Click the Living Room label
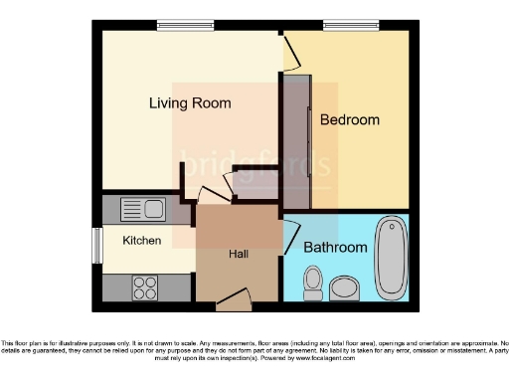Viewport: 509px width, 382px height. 190,103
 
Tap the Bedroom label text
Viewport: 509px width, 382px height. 349,120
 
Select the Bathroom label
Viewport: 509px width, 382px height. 335,247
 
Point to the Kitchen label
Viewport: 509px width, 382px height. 141,241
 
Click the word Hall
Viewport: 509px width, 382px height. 239,255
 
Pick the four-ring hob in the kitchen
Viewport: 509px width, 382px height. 145,286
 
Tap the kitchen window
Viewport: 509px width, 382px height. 97,246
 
